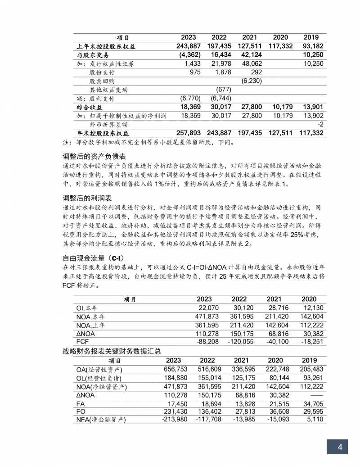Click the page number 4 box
point(340,447)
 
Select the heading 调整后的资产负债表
point(94,157)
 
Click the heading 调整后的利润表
point(87,198)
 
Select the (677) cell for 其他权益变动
point(223,90)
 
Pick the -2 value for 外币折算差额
point(320,124)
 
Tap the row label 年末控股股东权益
point(103,133)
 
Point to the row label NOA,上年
point(91,325)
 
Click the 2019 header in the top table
point(311,37)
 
